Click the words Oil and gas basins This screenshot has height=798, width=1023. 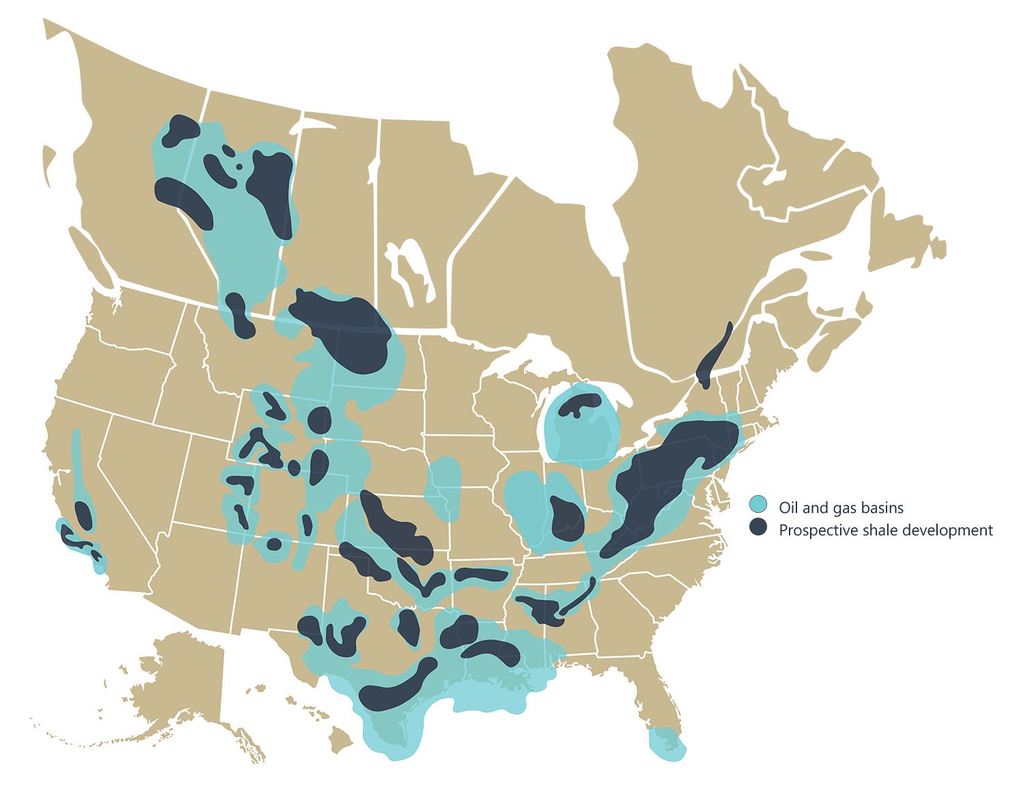(x=841, y=508)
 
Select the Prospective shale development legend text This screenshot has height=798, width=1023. (x=885, y=530)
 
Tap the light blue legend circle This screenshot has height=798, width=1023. (x=758, y=505)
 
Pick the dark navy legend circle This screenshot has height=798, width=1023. (x=758, y=527)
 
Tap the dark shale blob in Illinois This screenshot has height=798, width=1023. (x=566, y=518)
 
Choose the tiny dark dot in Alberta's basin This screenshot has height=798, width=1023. (x=239, y=166)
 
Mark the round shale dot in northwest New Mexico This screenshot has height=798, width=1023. (x=274, y=544)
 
